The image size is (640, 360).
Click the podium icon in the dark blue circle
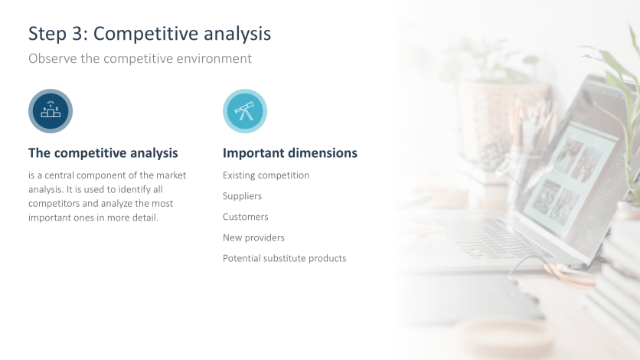point(51,111)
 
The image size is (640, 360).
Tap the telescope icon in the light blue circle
point(245,111)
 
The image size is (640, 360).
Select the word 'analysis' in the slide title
point(234,34)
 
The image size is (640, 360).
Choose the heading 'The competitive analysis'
point(103,153)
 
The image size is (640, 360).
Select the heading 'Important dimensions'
point(289,153)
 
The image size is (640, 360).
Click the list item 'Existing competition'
point(266,175)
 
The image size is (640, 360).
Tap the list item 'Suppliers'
point(242,196)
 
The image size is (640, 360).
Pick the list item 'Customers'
point(245,217)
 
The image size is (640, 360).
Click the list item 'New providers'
point(253,237)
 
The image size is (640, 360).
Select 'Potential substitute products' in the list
point(284,258)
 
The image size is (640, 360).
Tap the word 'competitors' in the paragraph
point(54,204)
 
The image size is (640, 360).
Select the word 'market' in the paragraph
point(171,175)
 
